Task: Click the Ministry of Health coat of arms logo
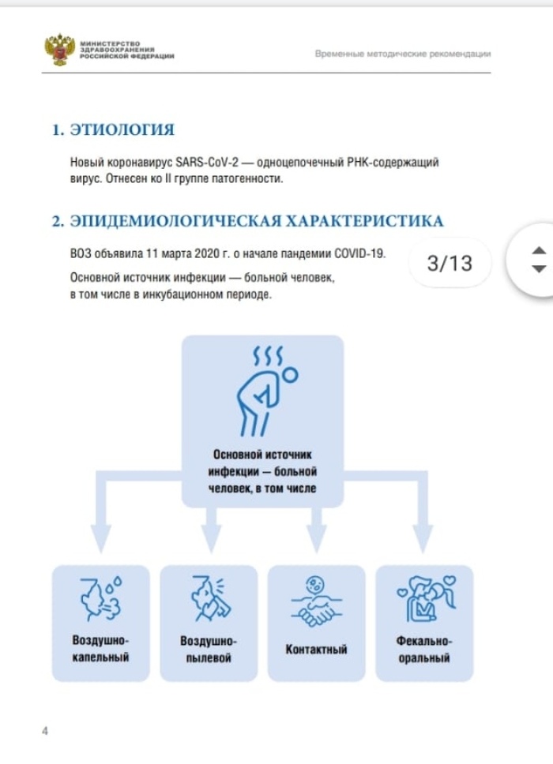click(58, 49)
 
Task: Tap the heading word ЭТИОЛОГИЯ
click(122, 130)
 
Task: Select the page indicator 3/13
click(450, 263)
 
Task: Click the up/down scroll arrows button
click(539, 260)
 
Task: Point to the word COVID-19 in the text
click(359, 253)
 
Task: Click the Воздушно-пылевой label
click(209, 648)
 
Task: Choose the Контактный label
click(316, 650)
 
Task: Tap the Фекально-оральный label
click(423, 648)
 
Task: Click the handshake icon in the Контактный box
click(317, 602)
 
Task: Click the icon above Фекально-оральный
click(424, 599)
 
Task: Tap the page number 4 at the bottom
click(45, 730)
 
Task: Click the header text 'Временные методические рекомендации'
click(403, 54)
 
